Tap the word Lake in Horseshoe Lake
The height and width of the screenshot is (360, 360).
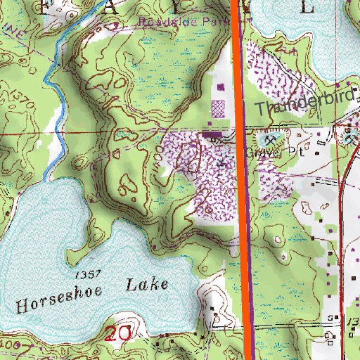click(148, 285)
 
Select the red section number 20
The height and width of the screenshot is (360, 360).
click(117, 333)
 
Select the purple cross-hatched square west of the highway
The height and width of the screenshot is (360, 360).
click(219, 109)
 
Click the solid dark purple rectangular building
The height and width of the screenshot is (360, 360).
click(212, 134)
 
